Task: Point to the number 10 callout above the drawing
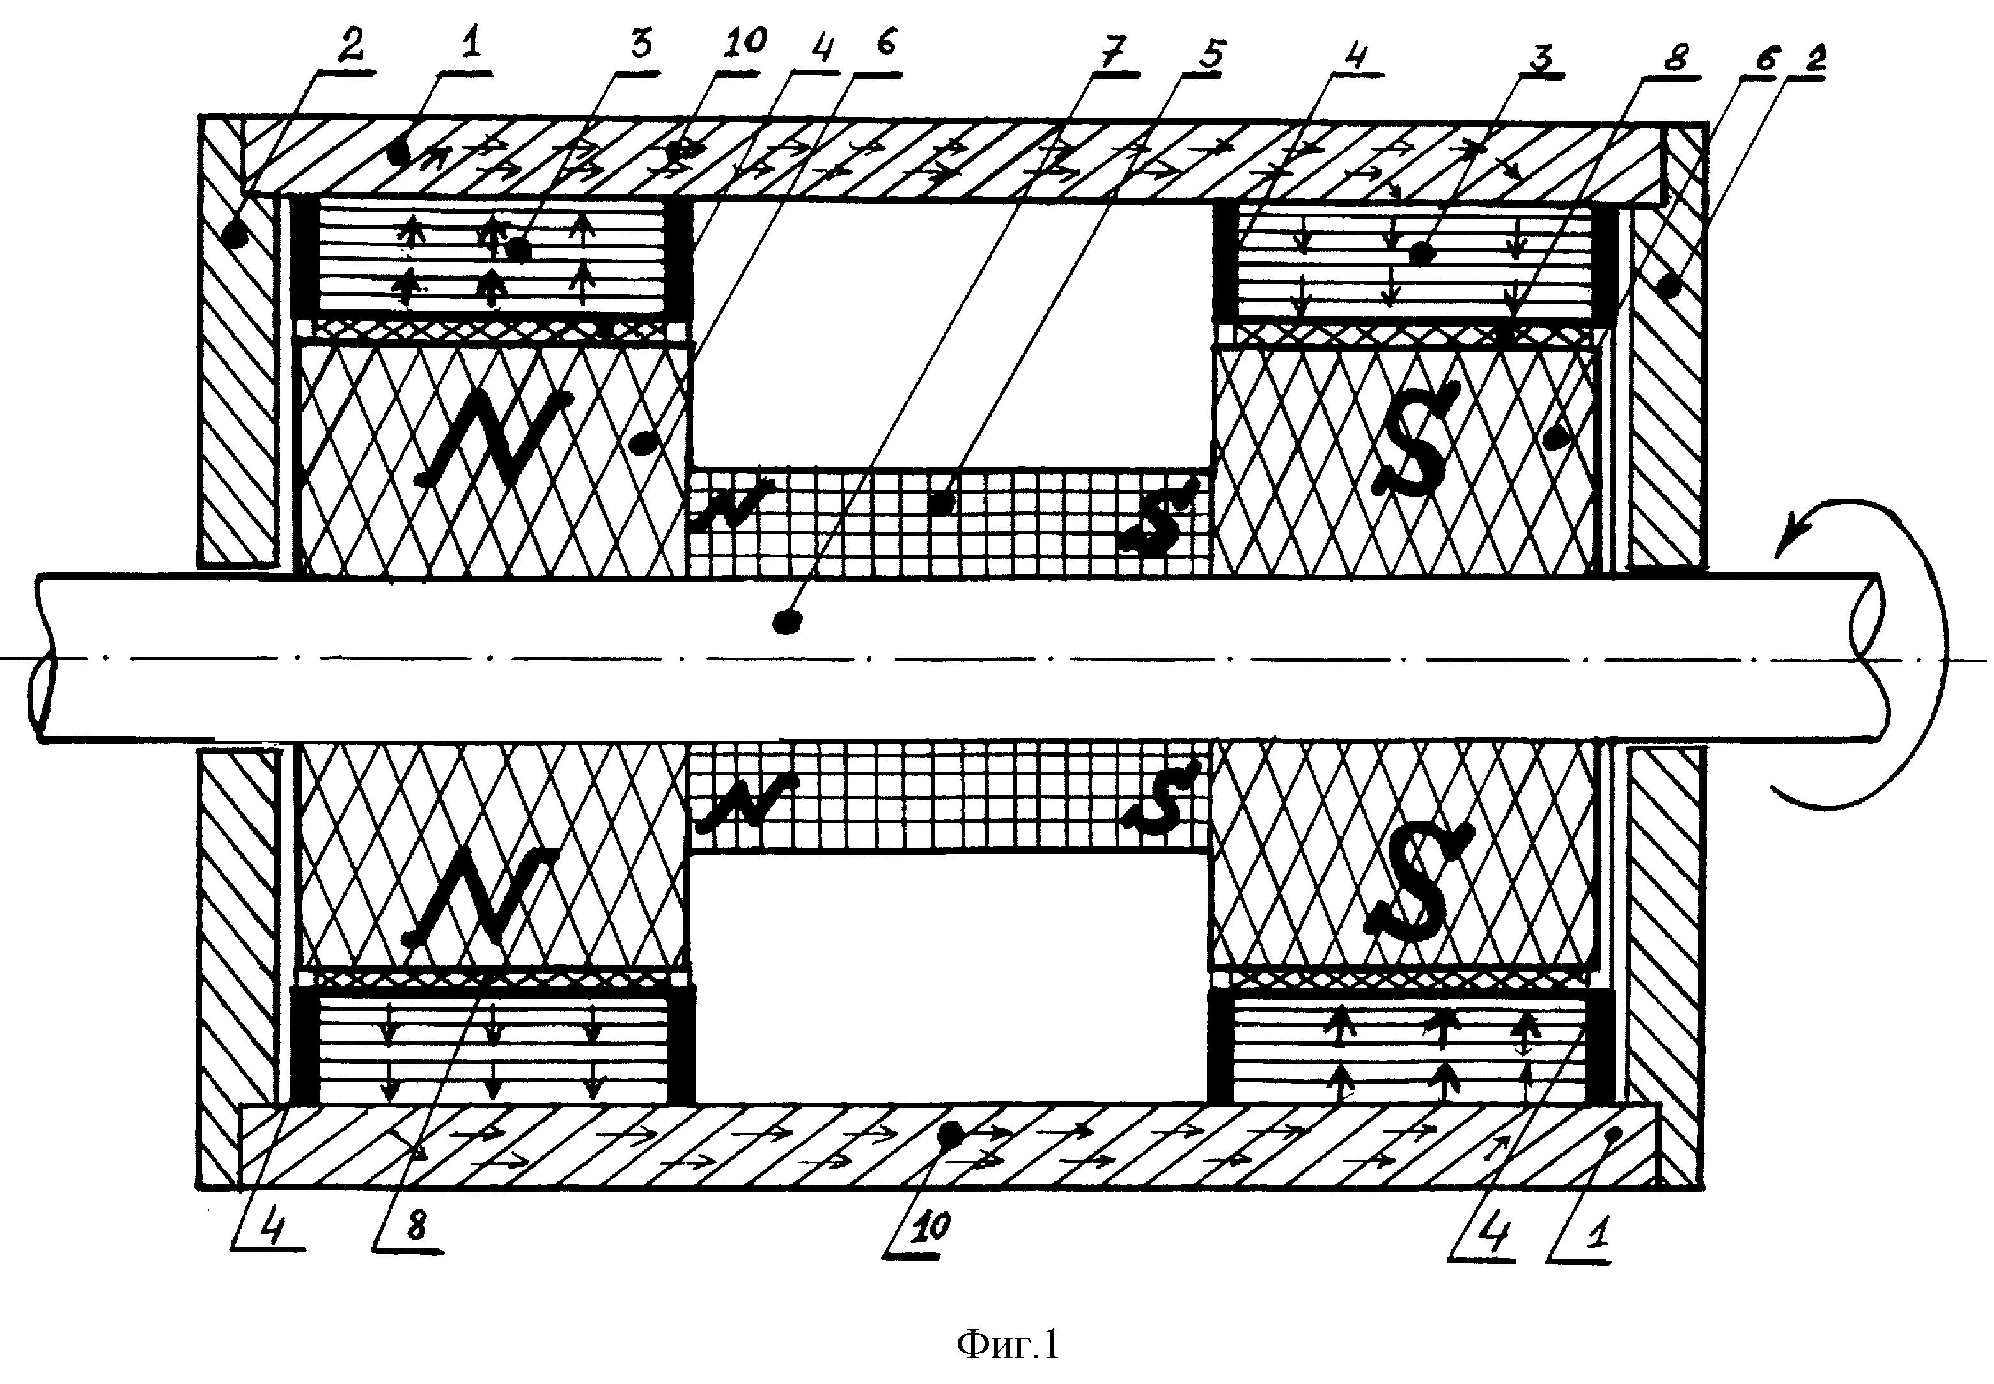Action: pos(742,42)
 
